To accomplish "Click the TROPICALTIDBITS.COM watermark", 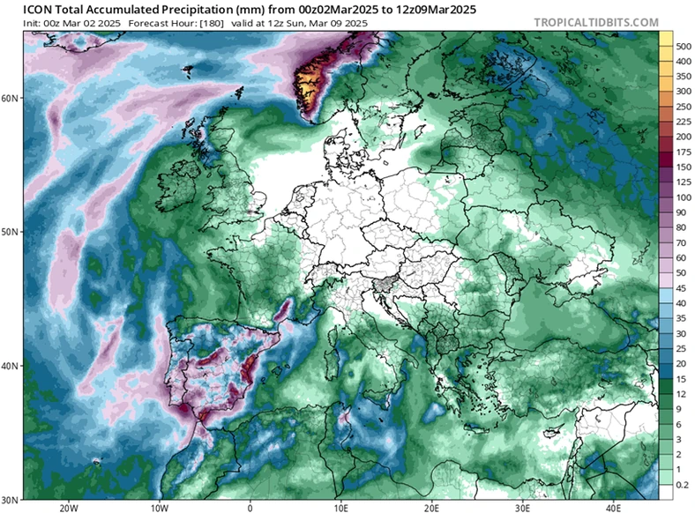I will point(596,21).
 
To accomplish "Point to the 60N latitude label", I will point(11,98).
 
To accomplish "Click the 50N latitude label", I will point(11,232).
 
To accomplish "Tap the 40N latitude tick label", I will point(11,365).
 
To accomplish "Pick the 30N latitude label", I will point(11,498).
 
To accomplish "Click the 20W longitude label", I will point(68,507).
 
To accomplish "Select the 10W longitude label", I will point(159,507).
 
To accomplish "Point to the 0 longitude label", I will point(250,507).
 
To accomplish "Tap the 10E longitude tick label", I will point(340,507).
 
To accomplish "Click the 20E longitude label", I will point(431,507).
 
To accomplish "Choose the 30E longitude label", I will point(522,507).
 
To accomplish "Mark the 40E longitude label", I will point(613,507).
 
